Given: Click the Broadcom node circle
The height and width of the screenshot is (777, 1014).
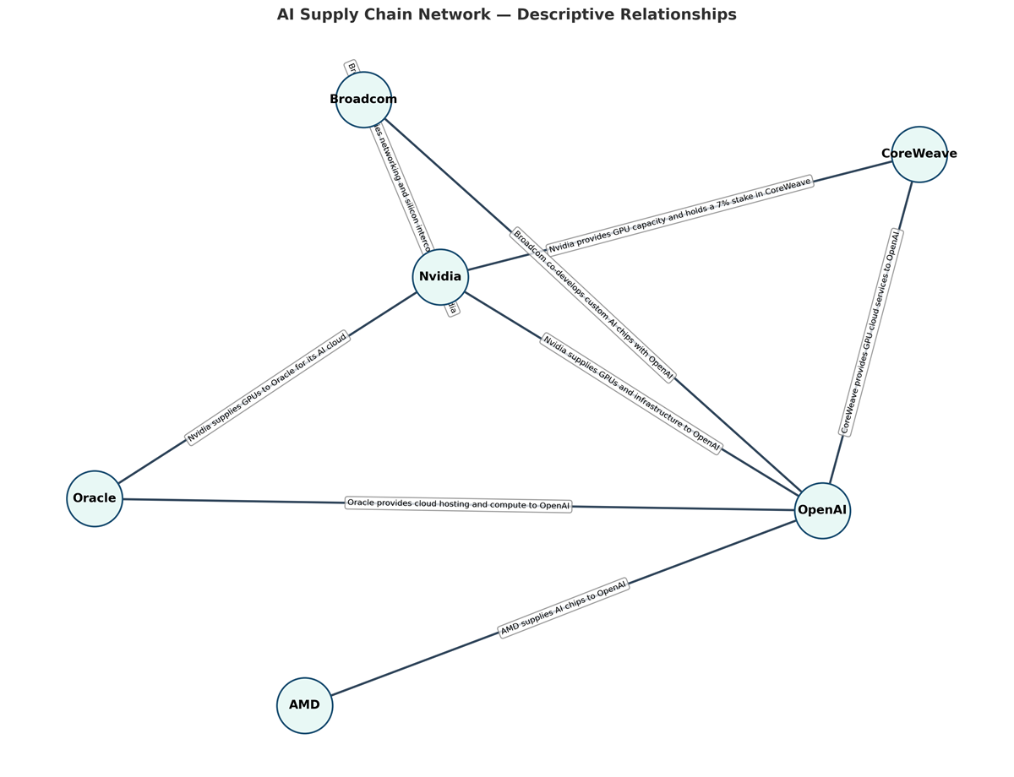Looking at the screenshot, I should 363,100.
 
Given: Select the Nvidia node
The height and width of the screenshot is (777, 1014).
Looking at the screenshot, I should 440,277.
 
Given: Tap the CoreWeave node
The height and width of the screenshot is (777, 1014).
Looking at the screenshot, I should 919,155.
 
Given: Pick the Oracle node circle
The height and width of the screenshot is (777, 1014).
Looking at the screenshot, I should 95,498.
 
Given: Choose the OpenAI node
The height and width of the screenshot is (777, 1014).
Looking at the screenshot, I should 822,510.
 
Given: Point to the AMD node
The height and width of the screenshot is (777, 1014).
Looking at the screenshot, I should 304,705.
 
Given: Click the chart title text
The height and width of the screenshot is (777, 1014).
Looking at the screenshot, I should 506,15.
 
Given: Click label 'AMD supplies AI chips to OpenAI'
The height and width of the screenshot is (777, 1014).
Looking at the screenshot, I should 564,608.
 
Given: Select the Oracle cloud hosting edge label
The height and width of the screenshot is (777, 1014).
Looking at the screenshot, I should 459,504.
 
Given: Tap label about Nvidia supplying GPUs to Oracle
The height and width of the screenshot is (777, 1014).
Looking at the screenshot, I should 267,388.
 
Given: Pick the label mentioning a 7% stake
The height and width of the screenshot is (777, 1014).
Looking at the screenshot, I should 679,215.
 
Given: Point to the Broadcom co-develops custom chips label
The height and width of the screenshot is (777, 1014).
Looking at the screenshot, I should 593,304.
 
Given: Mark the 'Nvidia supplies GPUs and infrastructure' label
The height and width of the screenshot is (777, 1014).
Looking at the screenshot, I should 631,394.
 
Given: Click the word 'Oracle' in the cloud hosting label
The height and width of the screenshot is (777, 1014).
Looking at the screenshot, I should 361,503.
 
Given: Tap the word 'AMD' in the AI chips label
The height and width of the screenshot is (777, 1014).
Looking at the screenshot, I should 510,628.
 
